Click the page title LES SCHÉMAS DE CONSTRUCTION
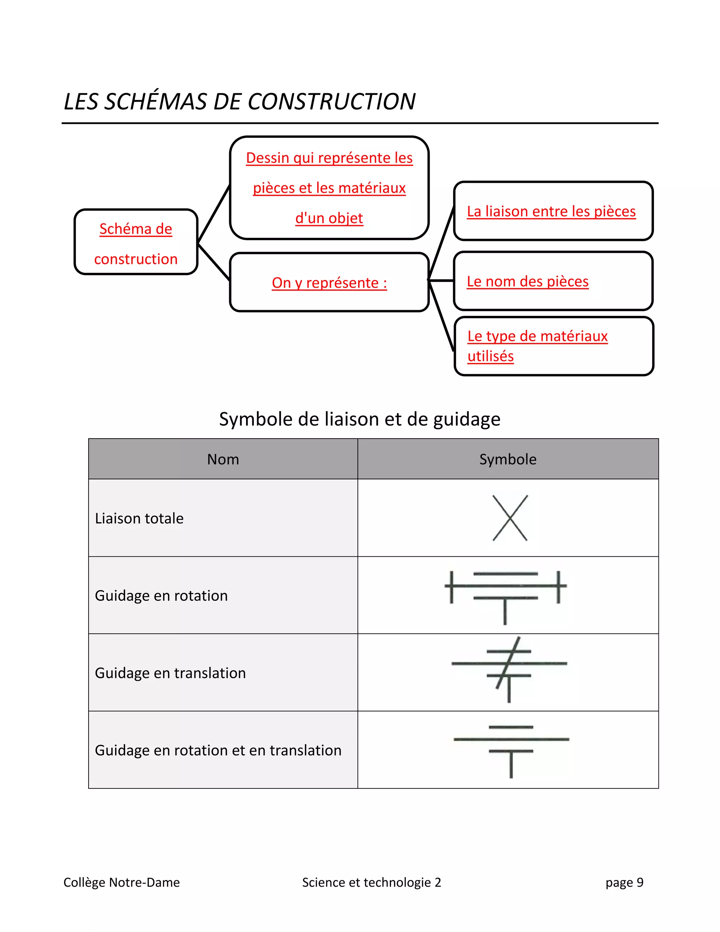(239, 102)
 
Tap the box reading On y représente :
(329, 282)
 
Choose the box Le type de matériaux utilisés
(554, 346)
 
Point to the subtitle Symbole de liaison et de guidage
(360, 419)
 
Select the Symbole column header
(508, 459)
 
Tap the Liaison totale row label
(140, 518)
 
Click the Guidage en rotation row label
(161, 595)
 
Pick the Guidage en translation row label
(170, 673)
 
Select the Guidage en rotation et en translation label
(218, 750)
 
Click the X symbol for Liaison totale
(510, 518)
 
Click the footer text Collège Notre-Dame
(122, 882)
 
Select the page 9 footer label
(624, 882)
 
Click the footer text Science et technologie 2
(372, 882)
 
